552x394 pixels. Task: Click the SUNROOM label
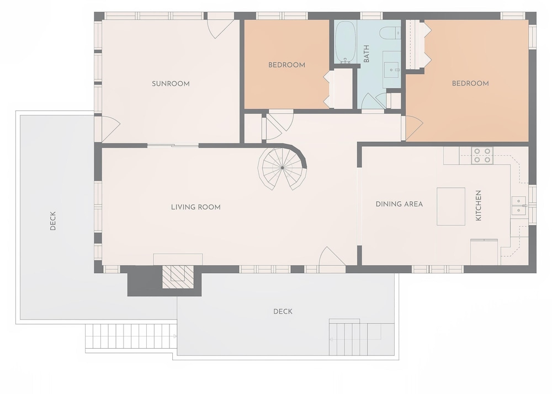(171, 84)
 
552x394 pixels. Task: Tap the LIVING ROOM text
(196, 207)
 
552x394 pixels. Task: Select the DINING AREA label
(399, 204)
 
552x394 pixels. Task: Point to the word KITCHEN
(479, 205)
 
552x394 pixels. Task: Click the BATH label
(367, 54)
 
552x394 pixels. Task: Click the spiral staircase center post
(282, 168)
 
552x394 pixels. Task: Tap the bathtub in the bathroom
(346, 42)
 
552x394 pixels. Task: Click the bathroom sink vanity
(391, 70)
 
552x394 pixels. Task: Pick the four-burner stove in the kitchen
(482, 156)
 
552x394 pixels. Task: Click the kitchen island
(450, 206)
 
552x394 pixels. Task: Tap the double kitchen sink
(518, 205)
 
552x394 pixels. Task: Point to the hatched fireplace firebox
(178, 277)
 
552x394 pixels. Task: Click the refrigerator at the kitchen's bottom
(484, 252)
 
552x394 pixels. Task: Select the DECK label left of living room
(53, 221)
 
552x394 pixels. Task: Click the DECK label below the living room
(283, 312)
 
